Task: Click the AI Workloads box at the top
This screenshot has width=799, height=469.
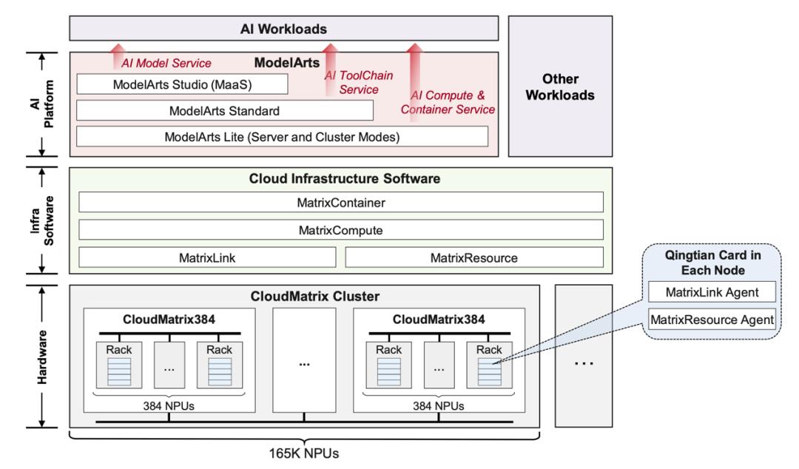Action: coord(283,30)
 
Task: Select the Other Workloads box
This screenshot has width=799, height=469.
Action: coord(561,87)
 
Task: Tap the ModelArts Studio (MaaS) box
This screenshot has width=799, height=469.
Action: coord(182,84)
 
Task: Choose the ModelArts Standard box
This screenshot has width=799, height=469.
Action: coord(224,110)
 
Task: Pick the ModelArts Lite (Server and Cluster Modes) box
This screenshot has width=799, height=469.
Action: coord(282,136)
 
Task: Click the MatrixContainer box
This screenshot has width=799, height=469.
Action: coord(341,202)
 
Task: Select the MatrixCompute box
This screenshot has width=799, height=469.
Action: coord(341,230)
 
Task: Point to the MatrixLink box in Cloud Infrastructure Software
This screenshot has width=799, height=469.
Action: coord(207,257)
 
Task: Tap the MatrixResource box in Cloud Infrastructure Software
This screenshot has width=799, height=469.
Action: coord(474,257)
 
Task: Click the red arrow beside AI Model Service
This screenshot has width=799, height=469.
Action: coord(116,55)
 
